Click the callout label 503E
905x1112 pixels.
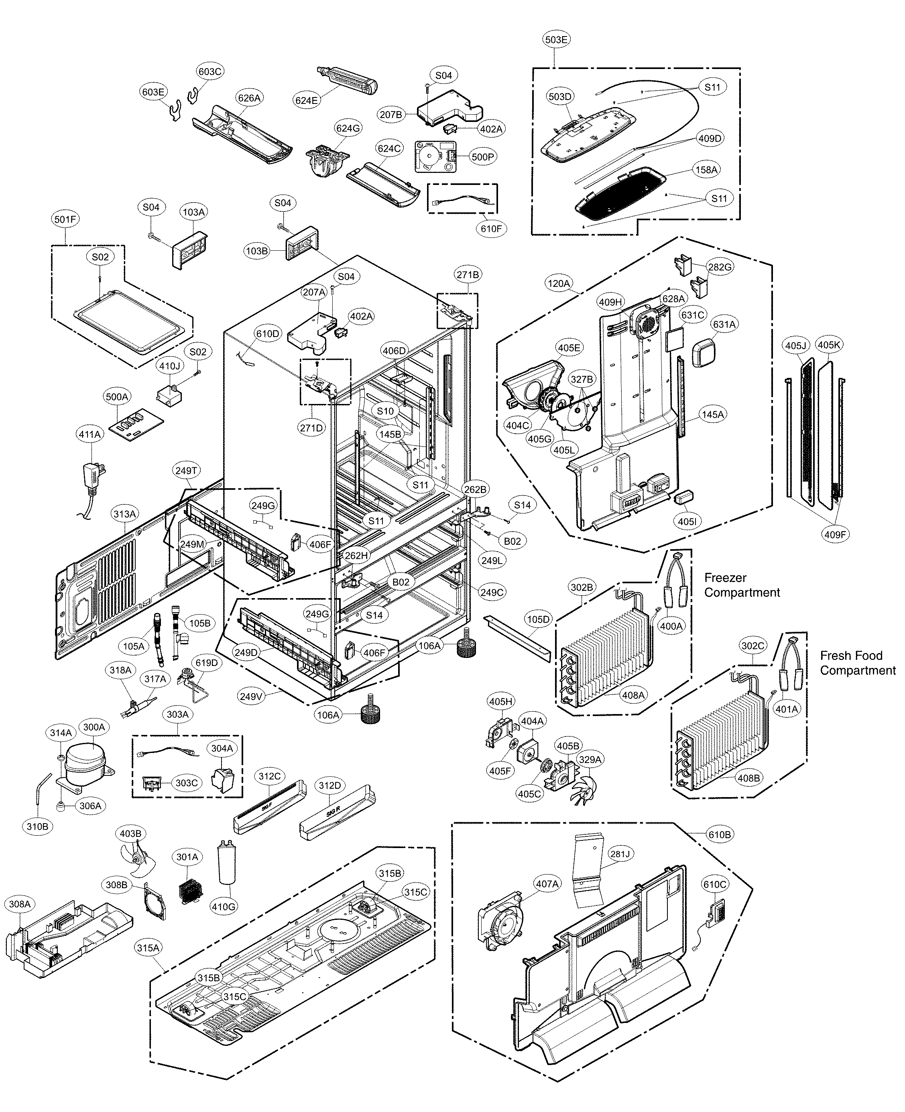(x=556, y=40)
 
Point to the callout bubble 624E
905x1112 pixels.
(x=306, y=100)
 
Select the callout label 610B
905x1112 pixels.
(x=720, y=834)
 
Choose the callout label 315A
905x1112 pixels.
(x=148, y=948)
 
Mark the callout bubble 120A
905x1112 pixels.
(x=558, y=284)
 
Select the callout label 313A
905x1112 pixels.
(x=124, y=514)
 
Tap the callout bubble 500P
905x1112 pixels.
(x=483, y=156)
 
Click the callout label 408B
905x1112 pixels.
(x=748, y=778)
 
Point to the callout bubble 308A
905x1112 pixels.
(x=20, y=903)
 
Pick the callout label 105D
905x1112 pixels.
(x=538, y=619)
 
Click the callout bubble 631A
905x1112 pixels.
(x=724, y=324)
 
